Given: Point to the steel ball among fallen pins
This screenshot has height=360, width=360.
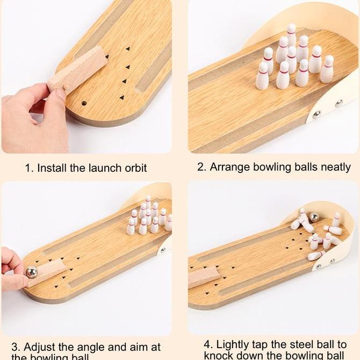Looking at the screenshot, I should (x=314, y=218).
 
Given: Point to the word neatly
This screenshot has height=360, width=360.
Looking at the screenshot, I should (x=336, y=167).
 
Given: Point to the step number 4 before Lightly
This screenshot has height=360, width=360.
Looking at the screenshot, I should (x=207, y=344).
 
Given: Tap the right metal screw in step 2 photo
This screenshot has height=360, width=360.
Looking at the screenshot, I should (x=339, y=103).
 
